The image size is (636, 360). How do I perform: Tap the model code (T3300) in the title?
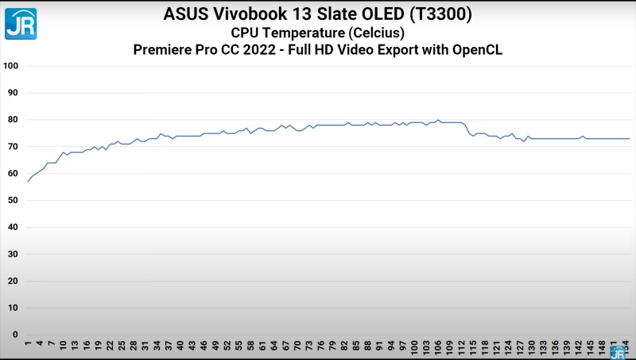(436, 14)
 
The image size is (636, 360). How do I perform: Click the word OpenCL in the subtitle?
(475, 50)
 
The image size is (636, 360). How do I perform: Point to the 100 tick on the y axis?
(10, 66)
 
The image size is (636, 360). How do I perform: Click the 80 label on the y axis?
(12, 120)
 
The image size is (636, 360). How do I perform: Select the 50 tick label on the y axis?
(12, 200)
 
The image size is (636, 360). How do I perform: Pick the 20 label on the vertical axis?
(12, 281)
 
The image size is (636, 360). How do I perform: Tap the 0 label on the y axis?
(15, 335)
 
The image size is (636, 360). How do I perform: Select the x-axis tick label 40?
(180, 346)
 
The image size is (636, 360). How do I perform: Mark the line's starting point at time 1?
(28, 182)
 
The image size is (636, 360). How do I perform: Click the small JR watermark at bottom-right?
(618, 352)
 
